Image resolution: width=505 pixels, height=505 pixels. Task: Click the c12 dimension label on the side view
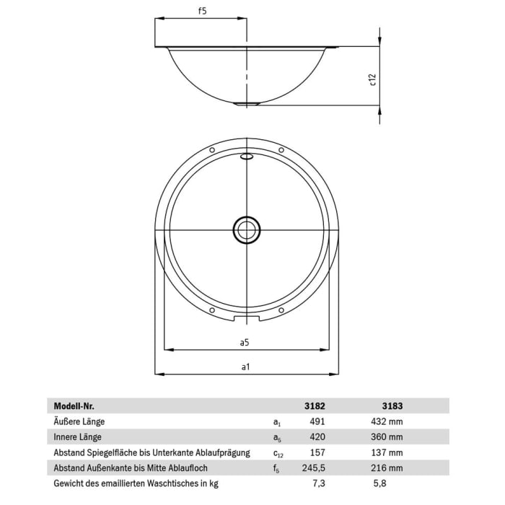pyautogui.click(x=373, y=79)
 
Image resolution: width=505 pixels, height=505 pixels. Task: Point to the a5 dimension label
pyautogui.click(x=245, y=342)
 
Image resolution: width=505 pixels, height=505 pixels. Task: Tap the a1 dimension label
pyautogui.click(x=245, y=367)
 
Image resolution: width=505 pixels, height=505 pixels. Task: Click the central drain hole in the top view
pyautogui.click(x=246, y=230)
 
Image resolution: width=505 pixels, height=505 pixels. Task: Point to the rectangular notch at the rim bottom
pyautogui.click(x=246, y=317)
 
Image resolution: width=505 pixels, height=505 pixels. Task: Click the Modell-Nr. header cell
pyautogui.click(x=74, y=405)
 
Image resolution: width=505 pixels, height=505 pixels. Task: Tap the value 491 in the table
pyautogui.click(x=318, y=421)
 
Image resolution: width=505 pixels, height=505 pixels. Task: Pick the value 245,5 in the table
pyautogui.click(x=315, y=469)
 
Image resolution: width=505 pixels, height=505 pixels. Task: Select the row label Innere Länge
pyautogui.click(x=77, y=437)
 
